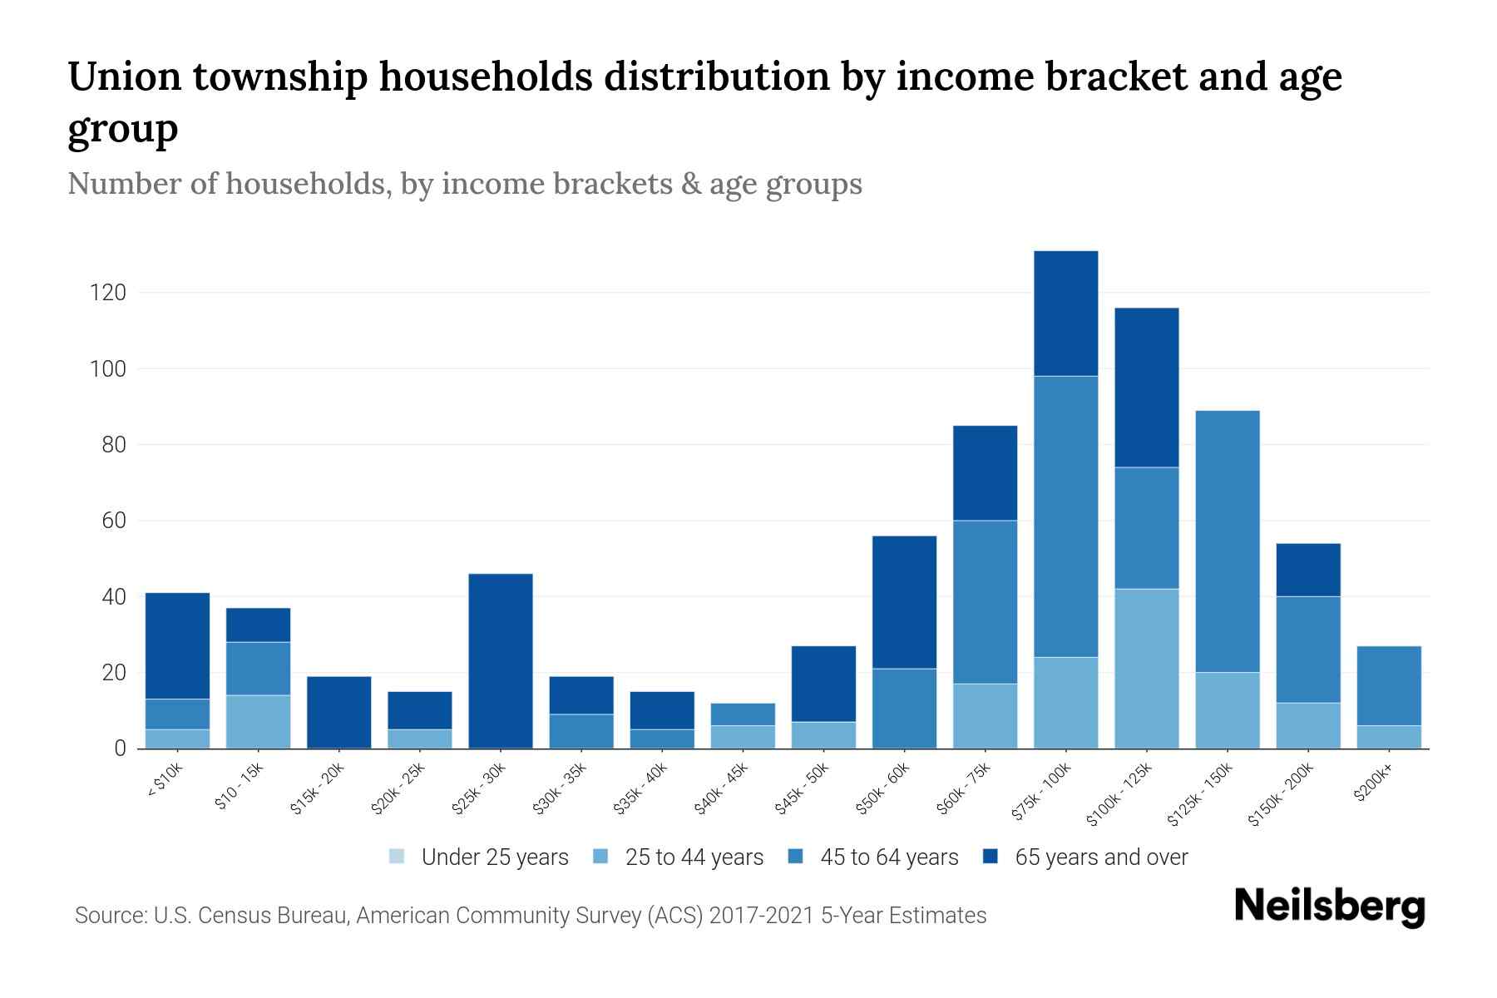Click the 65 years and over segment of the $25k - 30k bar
tap(501, 660)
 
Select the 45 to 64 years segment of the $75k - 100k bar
tap(1065, 516)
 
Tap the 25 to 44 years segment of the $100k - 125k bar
tap(1146, 669)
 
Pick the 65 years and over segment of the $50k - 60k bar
tap(904, 602)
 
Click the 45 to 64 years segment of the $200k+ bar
tap(1388, 685)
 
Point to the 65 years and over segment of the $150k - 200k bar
tap(1307, 570)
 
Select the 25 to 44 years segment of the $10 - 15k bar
tap(258, 721)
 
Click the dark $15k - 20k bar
tap(338, 712)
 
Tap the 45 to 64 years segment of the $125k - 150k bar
tap(1227, 541)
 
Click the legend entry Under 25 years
tap(494, 857)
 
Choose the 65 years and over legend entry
tap(1100, 857)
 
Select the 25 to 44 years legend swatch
tap(601, 857)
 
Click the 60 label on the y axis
tap(115, 521)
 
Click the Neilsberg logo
tap(1329, 906)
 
